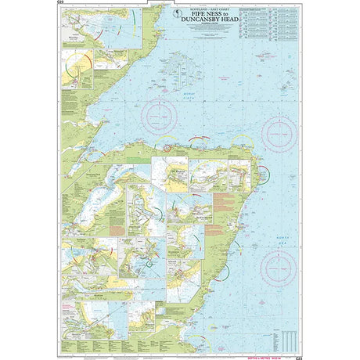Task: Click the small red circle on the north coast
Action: click(x=167, y=146)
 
